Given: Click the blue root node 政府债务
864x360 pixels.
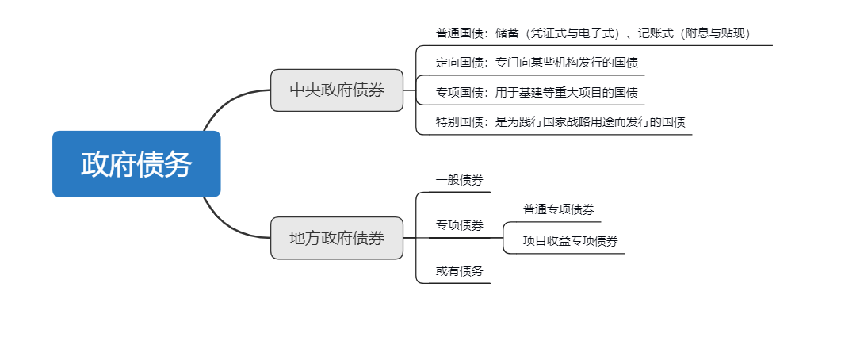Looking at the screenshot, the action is [x=136, y=163].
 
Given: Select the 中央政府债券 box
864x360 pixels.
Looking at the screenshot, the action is [x=337, y=90].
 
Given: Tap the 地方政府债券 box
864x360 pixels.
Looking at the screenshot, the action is [x=337, y=238].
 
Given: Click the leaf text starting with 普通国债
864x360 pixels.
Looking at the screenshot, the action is [x=594, y=33].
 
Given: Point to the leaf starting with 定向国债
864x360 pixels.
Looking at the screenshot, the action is [x=537, y=63].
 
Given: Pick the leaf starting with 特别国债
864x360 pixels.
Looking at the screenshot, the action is [x=561, y=122].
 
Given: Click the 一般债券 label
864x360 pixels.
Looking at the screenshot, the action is [x=460, y=180].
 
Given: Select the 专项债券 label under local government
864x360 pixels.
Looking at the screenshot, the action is [x=460, y=225].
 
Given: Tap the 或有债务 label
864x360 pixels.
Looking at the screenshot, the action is [x=460, y=271].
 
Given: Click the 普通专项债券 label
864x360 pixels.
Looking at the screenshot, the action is [x=559, y=209].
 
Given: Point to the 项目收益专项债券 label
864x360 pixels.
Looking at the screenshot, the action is [x=570, y=241].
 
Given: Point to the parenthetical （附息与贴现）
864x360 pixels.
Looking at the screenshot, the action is [x=714, y=33].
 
